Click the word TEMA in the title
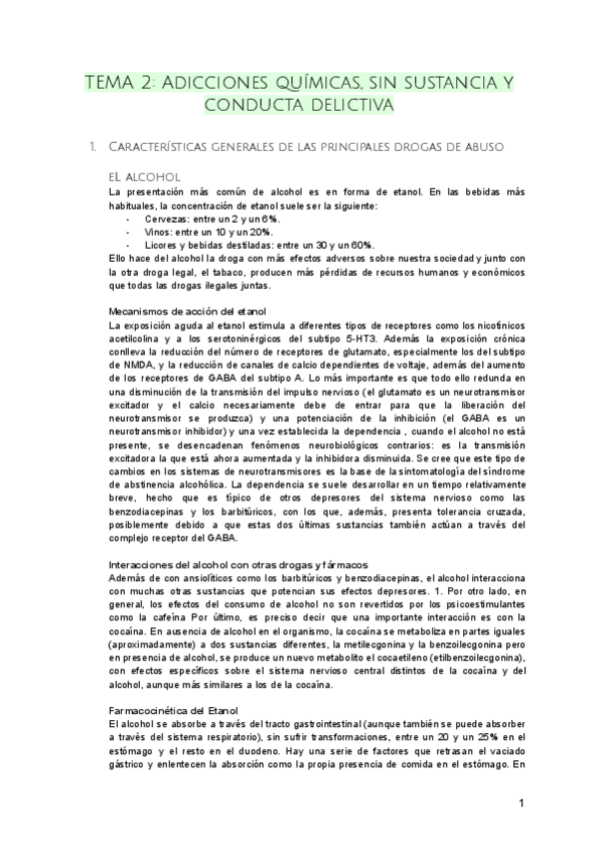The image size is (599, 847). pyautogui.click(x=110, y=82)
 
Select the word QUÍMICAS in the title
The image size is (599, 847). pyautogui.click(x=299, y=82)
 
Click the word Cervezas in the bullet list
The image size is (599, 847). pyautogui.click(x=165, y=218)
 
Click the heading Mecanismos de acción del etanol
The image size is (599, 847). pyautogui.click(x=188, y=312)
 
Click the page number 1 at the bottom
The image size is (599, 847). pyautogui.click(x=521, y=803)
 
